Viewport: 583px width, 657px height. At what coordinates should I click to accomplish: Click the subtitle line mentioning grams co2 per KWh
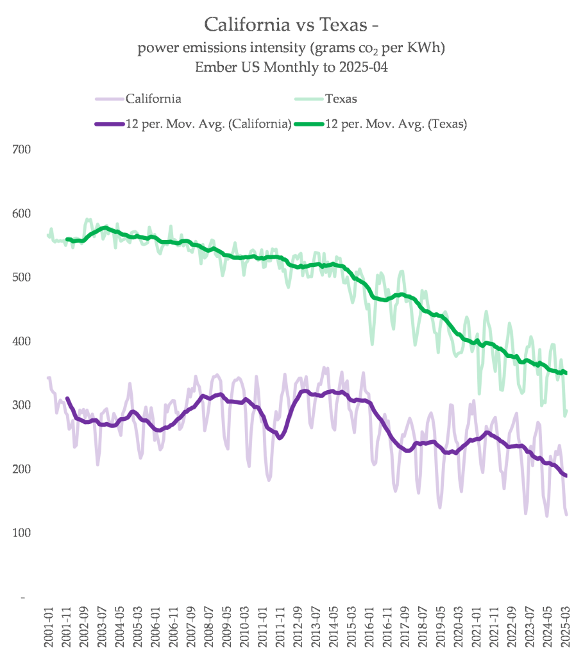pyautogui.click(x=292, y=49)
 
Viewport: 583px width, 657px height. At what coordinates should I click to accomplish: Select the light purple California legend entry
pyautogui.click(x=153, y=99)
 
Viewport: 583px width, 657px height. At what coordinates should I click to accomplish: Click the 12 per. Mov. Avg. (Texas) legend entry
pyautogui.click(x=396, y=124)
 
